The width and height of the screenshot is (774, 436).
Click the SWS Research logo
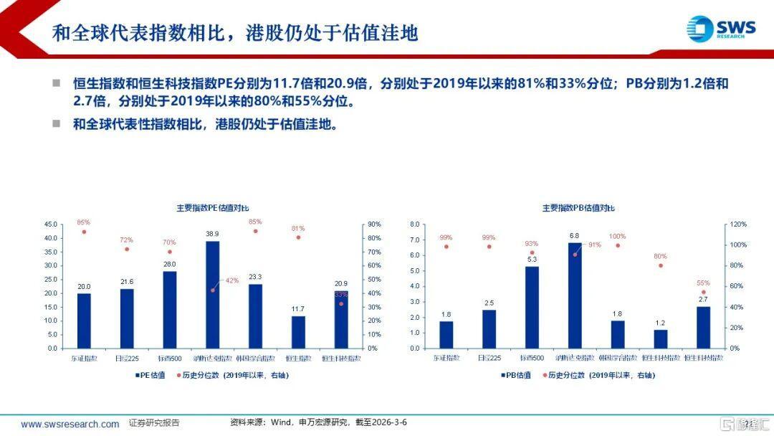coord(720,28)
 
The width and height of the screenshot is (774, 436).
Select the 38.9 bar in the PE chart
coord(212,295)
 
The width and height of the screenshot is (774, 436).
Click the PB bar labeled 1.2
coord(661,338)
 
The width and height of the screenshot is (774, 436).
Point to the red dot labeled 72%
coord(127,249)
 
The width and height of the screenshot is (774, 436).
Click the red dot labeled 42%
coord(213,290)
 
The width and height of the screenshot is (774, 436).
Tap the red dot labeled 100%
coord(618,245)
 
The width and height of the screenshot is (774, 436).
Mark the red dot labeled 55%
coord(704,292)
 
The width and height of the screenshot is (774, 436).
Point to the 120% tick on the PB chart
coord(737,224)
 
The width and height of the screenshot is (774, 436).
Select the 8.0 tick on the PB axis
coord(414,224)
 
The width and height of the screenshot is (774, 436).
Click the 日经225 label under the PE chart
coord(127,357)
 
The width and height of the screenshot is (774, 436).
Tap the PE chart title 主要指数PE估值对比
coord(212,208)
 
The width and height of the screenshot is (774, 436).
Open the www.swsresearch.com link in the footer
coord(70,424)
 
